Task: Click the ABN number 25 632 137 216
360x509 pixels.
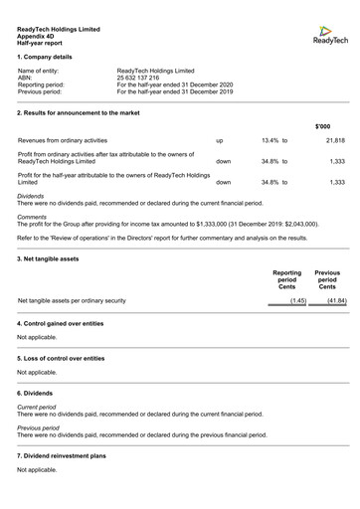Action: click(137, 78)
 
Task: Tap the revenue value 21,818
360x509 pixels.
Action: click(335, 141)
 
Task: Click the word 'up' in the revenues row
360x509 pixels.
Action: click(220, 141)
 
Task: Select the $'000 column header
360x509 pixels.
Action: click(323, 126)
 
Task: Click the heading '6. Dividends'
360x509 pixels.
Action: click(37, 394)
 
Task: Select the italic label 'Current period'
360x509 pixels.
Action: click(37, 407)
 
